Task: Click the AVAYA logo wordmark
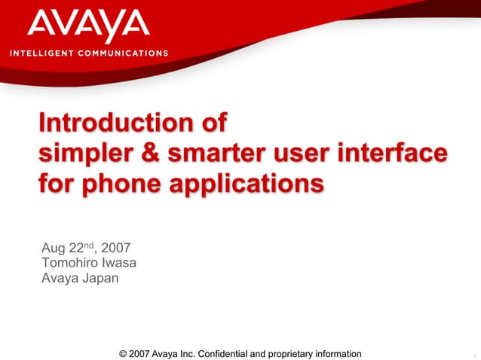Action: pos(88,26)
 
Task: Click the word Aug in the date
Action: pos(54,249)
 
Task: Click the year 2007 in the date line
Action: pos(120,249)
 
